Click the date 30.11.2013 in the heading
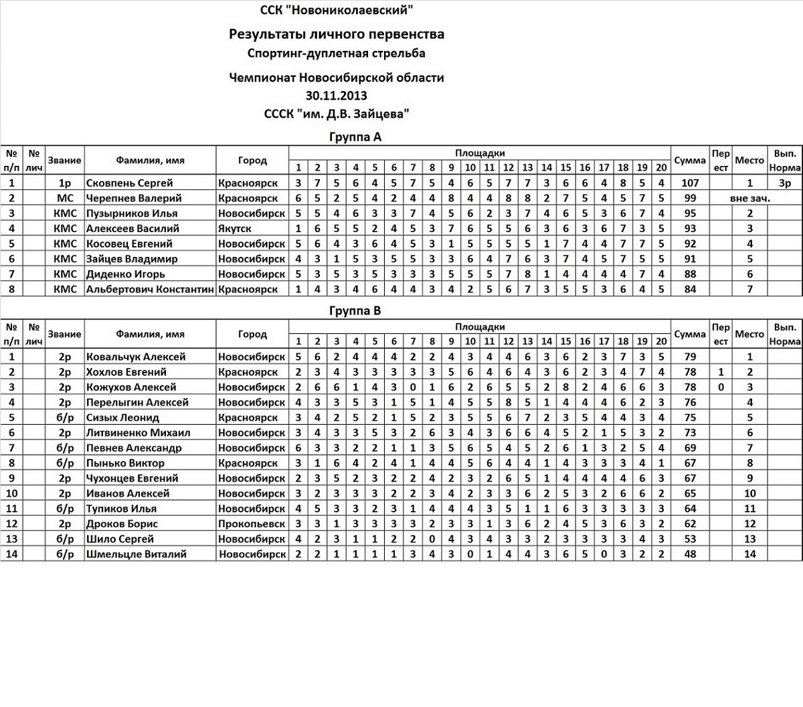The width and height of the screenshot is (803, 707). coord(336,96)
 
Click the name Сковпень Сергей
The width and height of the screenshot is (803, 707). coord(129,183)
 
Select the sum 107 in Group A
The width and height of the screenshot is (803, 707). coord(690,183)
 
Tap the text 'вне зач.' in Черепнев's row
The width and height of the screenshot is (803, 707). coord(750,198)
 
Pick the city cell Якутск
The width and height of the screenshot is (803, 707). coord(235,228)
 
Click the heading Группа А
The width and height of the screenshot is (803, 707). coord(355,137)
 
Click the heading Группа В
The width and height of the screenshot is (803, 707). coord(355,311)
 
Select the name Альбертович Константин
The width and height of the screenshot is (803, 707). coord(150,289)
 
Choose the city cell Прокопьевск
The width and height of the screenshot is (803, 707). coord(251,524)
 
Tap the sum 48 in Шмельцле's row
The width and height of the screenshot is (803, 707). coord(690,554)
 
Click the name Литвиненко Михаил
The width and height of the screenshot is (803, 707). coord(138,433)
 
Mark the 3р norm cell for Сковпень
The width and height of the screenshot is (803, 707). coord(784,183)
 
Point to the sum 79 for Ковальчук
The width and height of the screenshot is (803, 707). coord(690,357)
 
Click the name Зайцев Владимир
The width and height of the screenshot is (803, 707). coord(132,259)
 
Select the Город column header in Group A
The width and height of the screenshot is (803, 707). coord(252,161)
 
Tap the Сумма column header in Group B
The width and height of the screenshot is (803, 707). coord(690,334)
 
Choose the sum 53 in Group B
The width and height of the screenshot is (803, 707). coord(690,538)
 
